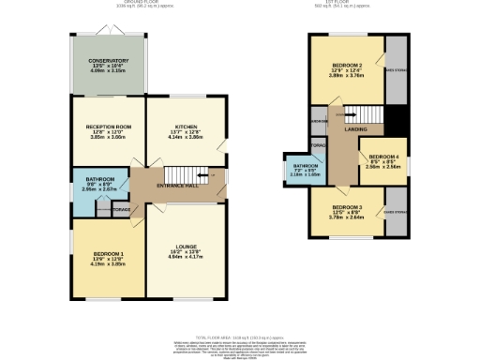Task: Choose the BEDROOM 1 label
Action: (x=108, y=253)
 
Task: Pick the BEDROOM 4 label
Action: (x=383, y=158)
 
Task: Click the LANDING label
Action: (x=355, y=129)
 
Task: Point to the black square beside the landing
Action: (x=396, y=120)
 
